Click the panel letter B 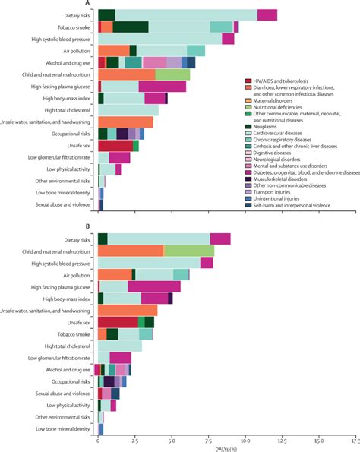[x=101, y=226]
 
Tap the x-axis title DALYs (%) [x=228, y=447]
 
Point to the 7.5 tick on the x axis [x=209, y=440]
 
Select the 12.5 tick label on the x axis [x=282, y=440]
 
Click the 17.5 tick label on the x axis [x=354, y=440]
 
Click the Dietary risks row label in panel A [x=75, y=14]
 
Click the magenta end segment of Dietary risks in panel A [x=267, y=14]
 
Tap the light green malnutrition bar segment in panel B [x=189, y=251]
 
